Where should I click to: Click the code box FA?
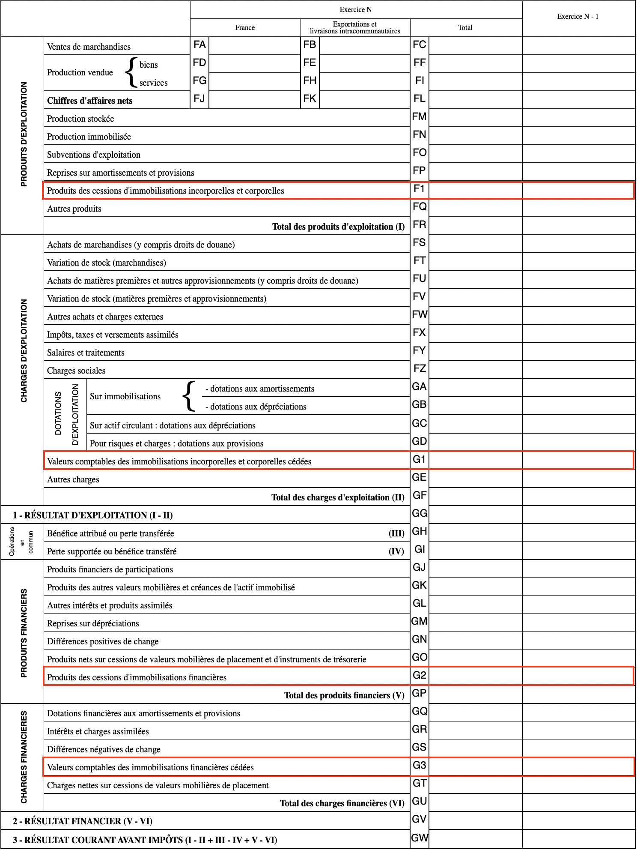click(x=199, y=45)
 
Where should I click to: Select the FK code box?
click(x=310, y=99)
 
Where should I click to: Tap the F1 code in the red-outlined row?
click(x=419, y=189)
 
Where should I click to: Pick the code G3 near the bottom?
click(x=420, y=766)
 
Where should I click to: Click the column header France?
click(x=245, y=28)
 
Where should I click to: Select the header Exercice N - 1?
click(x=577, y=17)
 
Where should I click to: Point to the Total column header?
click(x=465, y=28)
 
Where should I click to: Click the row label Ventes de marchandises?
click(x=89, y=47)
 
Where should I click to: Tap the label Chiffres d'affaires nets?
click(x=90, y=101)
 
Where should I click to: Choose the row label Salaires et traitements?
click(x=86, y=353)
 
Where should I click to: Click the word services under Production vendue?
click(x=153, y=83)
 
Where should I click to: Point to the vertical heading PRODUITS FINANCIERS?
click(x=24, y=633)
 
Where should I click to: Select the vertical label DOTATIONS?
click(x=59, y=413)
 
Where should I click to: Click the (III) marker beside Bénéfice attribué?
click(x=396, y=534)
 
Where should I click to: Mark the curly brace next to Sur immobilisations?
click(x=189, y=397)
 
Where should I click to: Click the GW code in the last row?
click(x=420, y=838)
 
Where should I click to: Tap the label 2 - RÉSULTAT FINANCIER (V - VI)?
click(x=83, y=822)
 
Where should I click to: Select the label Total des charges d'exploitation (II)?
click(x=338, y=498)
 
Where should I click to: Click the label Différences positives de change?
click(x=103, y=642)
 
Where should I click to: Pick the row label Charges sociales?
click(x=76, y=371)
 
